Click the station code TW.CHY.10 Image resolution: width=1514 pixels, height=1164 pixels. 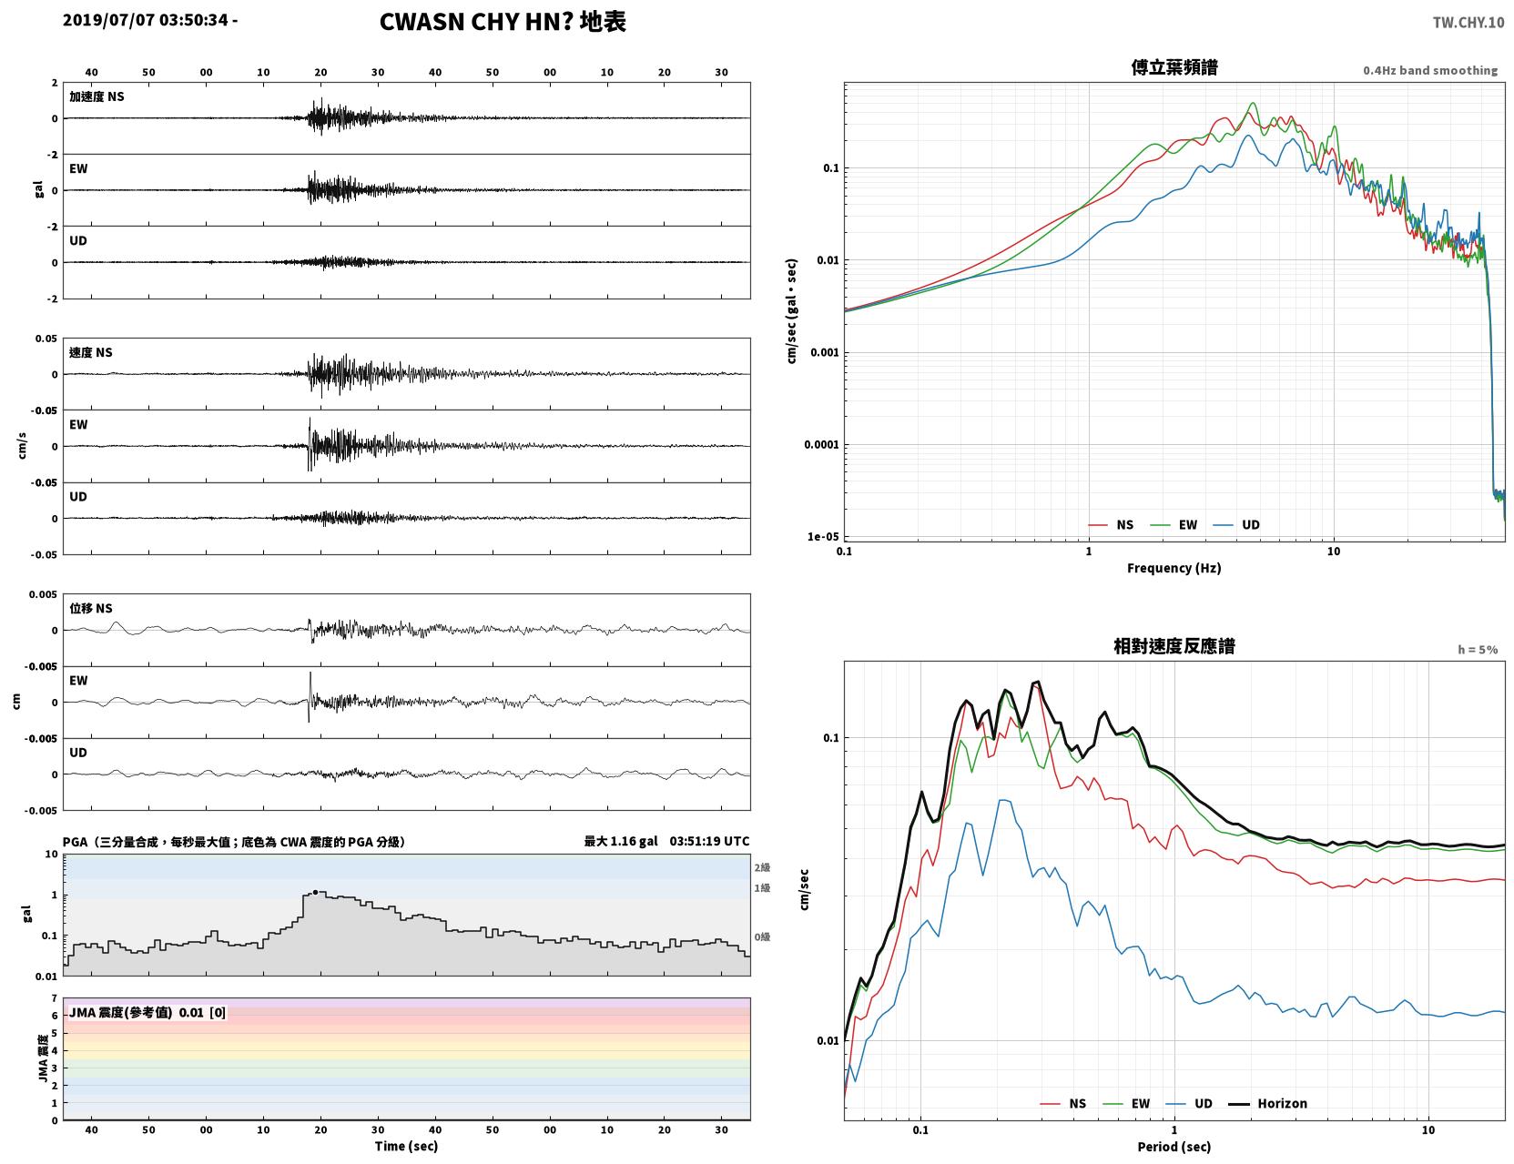click(x=1468, y=22)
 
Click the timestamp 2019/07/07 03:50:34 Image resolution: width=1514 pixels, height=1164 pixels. click(x=145, y=19)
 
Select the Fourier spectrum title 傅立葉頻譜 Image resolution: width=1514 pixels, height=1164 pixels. click(x=1174, y=67)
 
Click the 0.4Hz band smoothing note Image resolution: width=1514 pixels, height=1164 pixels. click(x=1429, y=70)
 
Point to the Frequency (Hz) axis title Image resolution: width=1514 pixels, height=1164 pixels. click(x=1174, y=568)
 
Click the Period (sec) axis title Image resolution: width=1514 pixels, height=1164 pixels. click(x=1174, y=1147)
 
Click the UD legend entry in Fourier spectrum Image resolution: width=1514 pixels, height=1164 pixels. click(x=1236, y=525)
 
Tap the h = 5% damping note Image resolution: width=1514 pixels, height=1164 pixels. click(x=1477, y=650)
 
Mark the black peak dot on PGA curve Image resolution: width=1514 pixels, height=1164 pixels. click(x=315, y=893)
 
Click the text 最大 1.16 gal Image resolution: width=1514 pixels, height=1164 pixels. click(x=620, y=841)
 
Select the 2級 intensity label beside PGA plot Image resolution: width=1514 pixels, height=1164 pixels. click(x=761, y=867)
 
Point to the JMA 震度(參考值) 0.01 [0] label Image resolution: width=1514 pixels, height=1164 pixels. click(x=147, y=1012)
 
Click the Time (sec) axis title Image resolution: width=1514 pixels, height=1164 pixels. click(x=406, y=1146)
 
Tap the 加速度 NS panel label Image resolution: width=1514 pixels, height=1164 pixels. click(x=97, y=96)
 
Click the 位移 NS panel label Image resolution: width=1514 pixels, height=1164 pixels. click(x=90, y=609)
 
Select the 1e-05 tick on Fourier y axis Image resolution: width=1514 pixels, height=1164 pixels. click(x=823, y=537)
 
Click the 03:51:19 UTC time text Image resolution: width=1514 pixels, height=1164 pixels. click(x=709, y=841)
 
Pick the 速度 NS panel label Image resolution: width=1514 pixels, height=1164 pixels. click(x=90, y=352)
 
